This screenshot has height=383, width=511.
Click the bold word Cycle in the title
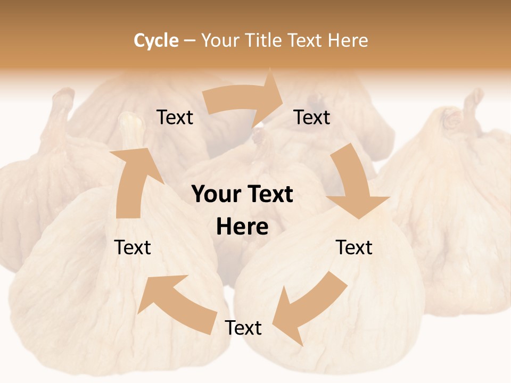click(156, 40)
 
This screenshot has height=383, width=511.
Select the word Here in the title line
click(347, 40)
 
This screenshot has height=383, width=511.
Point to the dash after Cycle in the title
click(189, 41)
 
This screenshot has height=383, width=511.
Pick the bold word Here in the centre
click(242, 227)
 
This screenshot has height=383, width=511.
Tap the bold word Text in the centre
click(270, 195)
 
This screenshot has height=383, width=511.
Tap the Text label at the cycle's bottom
click(243, 328)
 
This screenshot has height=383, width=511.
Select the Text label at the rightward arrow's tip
click(312, 118)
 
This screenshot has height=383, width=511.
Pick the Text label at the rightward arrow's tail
click(175, 118)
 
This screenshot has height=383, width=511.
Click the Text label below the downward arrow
click(354, 247)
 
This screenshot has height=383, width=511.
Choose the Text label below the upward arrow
click(133, 247)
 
